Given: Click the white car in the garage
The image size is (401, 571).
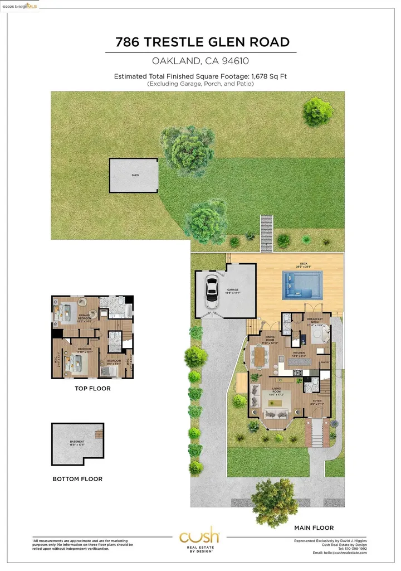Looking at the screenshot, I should (212, 291).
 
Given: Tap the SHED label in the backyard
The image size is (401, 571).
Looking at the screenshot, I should (135, 175).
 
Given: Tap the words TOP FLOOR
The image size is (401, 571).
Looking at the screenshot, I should (92, 389).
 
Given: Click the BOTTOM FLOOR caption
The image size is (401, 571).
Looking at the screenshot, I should (77, 479).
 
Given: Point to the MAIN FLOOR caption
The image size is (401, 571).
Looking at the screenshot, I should (314, 528).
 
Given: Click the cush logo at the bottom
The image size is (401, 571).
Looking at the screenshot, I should (199, 538).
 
